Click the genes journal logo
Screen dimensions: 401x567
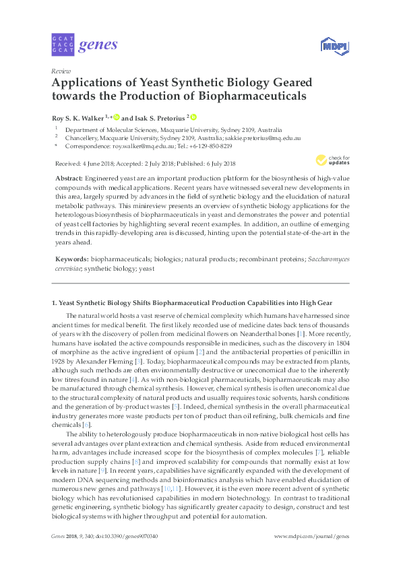[84, 45]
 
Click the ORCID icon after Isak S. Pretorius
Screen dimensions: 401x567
[194, 116]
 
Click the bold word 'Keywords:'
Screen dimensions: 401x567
[71, 259]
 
